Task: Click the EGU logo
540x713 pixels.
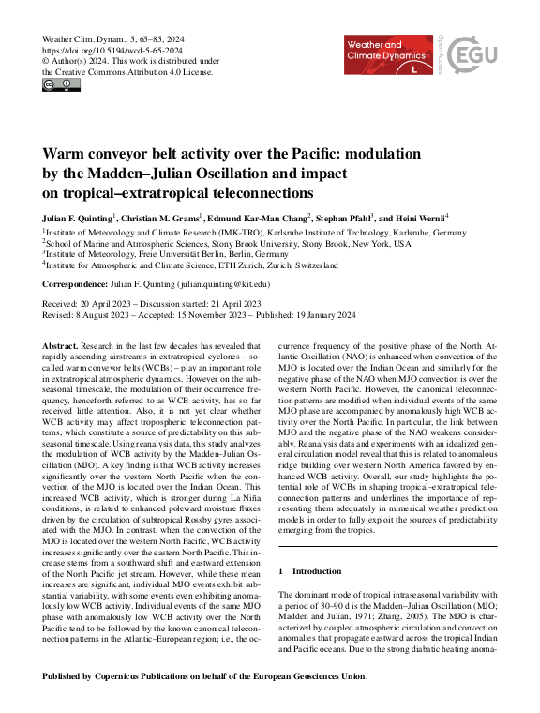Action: click(473, 55)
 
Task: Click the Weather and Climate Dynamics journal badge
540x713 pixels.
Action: click(388, 56)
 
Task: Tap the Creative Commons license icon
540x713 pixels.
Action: click(62, 85)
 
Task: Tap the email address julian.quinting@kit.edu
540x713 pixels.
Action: click(224, 283)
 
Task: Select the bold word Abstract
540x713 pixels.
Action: click(62, 346)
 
